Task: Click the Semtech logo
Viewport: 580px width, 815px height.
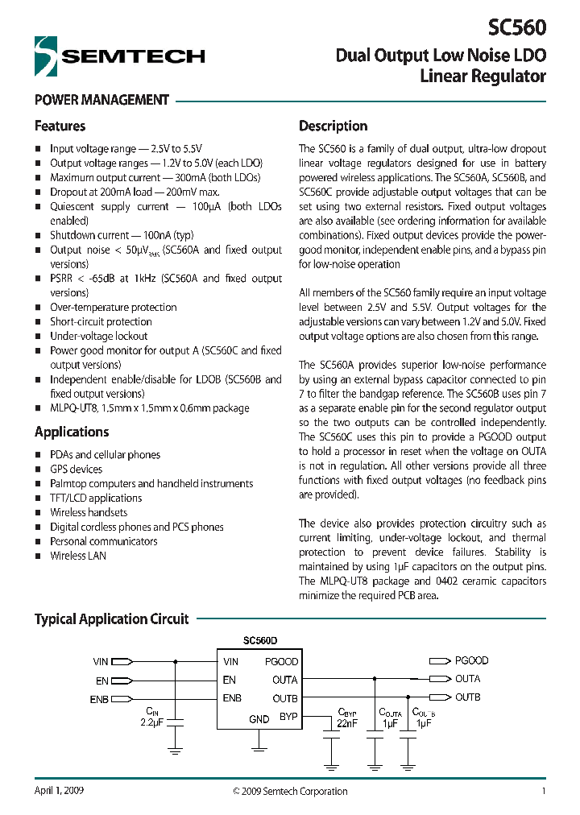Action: click(119, 56)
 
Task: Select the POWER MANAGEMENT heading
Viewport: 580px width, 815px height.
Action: click(101, 100)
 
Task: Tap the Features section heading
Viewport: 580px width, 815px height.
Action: click(60, 126)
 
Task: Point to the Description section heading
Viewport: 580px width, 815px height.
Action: click(333, 126)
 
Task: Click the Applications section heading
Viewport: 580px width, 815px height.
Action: click(72, 432)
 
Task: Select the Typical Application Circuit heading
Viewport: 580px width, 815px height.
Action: click(111, 618)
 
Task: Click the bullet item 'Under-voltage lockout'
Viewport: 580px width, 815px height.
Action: click(98, 336)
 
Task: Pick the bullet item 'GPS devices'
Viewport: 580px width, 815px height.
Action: click(76, 469)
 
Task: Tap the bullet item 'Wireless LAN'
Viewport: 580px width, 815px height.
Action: click(77, 556)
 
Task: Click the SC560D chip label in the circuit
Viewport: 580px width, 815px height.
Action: click(259, 641)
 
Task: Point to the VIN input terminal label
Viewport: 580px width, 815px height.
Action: click(101, 662)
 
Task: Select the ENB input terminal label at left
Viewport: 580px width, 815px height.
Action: click(99, 699)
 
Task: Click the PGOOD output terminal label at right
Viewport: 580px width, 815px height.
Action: click(471, 660)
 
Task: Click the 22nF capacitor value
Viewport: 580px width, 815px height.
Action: click(347, 722)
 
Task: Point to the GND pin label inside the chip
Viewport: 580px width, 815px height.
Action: click(259, 719)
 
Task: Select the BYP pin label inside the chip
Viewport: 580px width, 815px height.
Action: click(288, 716)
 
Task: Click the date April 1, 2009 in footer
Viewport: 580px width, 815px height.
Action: click(59, 790)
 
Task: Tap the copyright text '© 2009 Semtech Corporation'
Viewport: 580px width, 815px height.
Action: click(290, 791)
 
